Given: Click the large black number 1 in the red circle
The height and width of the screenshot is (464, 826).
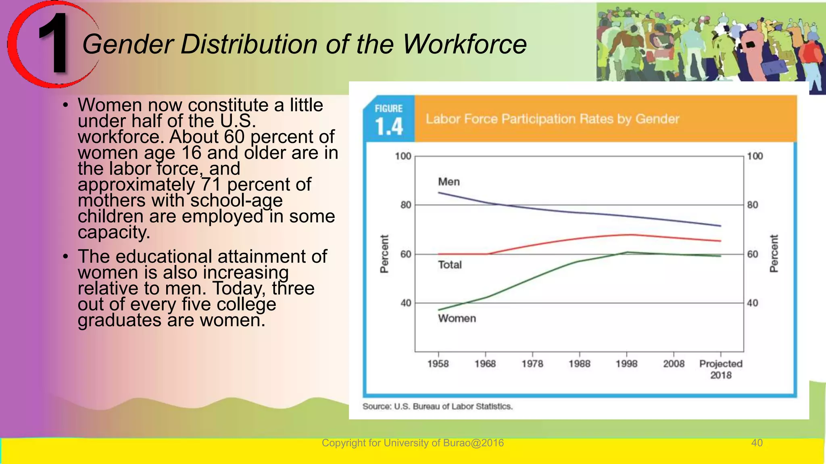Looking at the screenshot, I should [x=54, y=43].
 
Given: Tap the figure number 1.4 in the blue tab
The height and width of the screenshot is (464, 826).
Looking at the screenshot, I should [x=389, y=126].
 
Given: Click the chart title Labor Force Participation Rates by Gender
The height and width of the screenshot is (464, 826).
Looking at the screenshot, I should [x=552, y=119].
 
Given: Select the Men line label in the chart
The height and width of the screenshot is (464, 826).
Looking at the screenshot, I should [x=448, y=182].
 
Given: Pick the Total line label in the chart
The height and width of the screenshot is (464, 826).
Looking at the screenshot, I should [x=450, y=265].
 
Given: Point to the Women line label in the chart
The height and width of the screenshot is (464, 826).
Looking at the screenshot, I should [x=457, y=318].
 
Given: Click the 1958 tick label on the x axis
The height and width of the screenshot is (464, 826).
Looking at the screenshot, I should [x=438, y=364].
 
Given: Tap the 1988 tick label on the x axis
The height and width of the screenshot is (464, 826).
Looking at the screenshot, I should [x=579, y=364].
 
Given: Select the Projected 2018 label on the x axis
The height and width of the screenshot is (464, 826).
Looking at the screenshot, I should [x=721, y=369].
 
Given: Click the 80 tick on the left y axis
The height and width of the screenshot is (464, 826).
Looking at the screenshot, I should [x=405, y=205].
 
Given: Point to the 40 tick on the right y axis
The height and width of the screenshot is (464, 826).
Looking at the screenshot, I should [x=753, y=303].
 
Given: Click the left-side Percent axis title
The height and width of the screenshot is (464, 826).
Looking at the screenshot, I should [x=384, y=254].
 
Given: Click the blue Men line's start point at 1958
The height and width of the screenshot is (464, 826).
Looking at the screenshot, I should [x=439, y=193].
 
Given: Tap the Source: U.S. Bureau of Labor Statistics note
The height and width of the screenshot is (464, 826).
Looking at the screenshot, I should [x=437, y=406].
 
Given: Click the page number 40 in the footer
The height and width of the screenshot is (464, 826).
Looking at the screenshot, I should [x=757, y=443].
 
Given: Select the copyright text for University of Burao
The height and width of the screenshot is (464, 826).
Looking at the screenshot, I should [x=413, y=443].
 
